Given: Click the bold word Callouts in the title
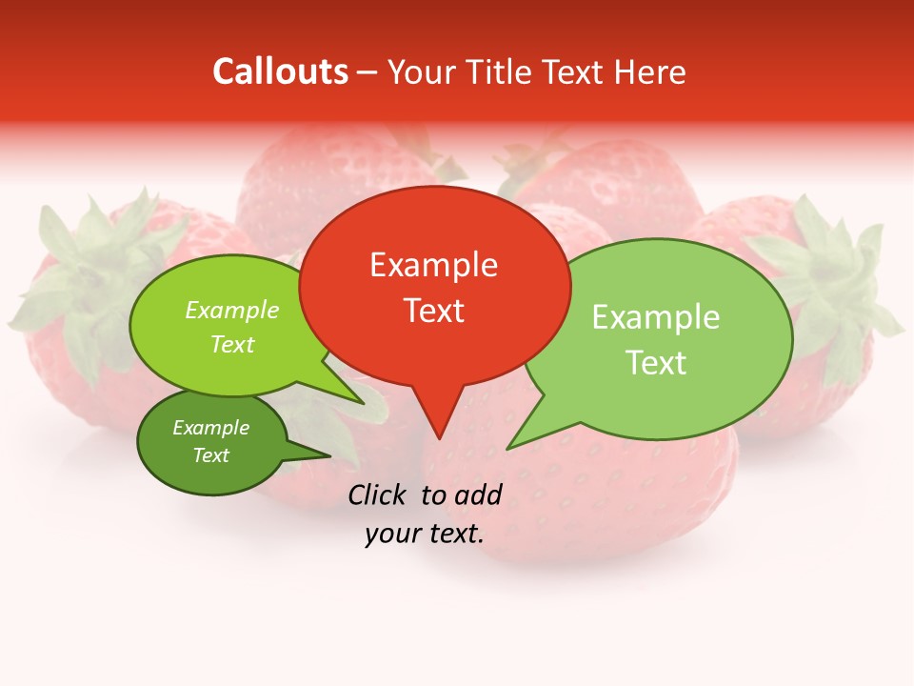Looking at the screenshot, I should [x=280, y=71].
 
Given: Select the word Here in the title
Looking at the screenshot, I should [x=648, y=71].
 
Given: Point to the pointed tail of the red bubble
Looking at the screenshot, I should [x=438, y=424].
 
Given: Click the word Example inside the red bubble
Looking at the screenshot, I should [x=433, y=265].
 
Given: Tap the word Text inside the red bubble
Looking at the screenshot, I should [x=434, y=311].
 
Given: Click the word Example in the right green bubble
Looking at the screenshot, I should [x=656, y=317].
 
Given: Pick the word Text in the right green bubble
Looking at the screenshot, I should [x=656, y=363].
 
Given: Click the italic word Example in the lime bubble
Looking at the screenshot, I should [x=232, y=311].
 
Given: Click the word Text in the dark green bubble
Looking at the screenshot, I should [x=211, y=455].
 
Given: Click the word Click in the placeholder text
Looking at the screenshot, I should [x=378, y=494].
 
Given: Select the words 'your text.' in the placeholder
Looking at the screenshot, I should [x=425, y=534].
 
